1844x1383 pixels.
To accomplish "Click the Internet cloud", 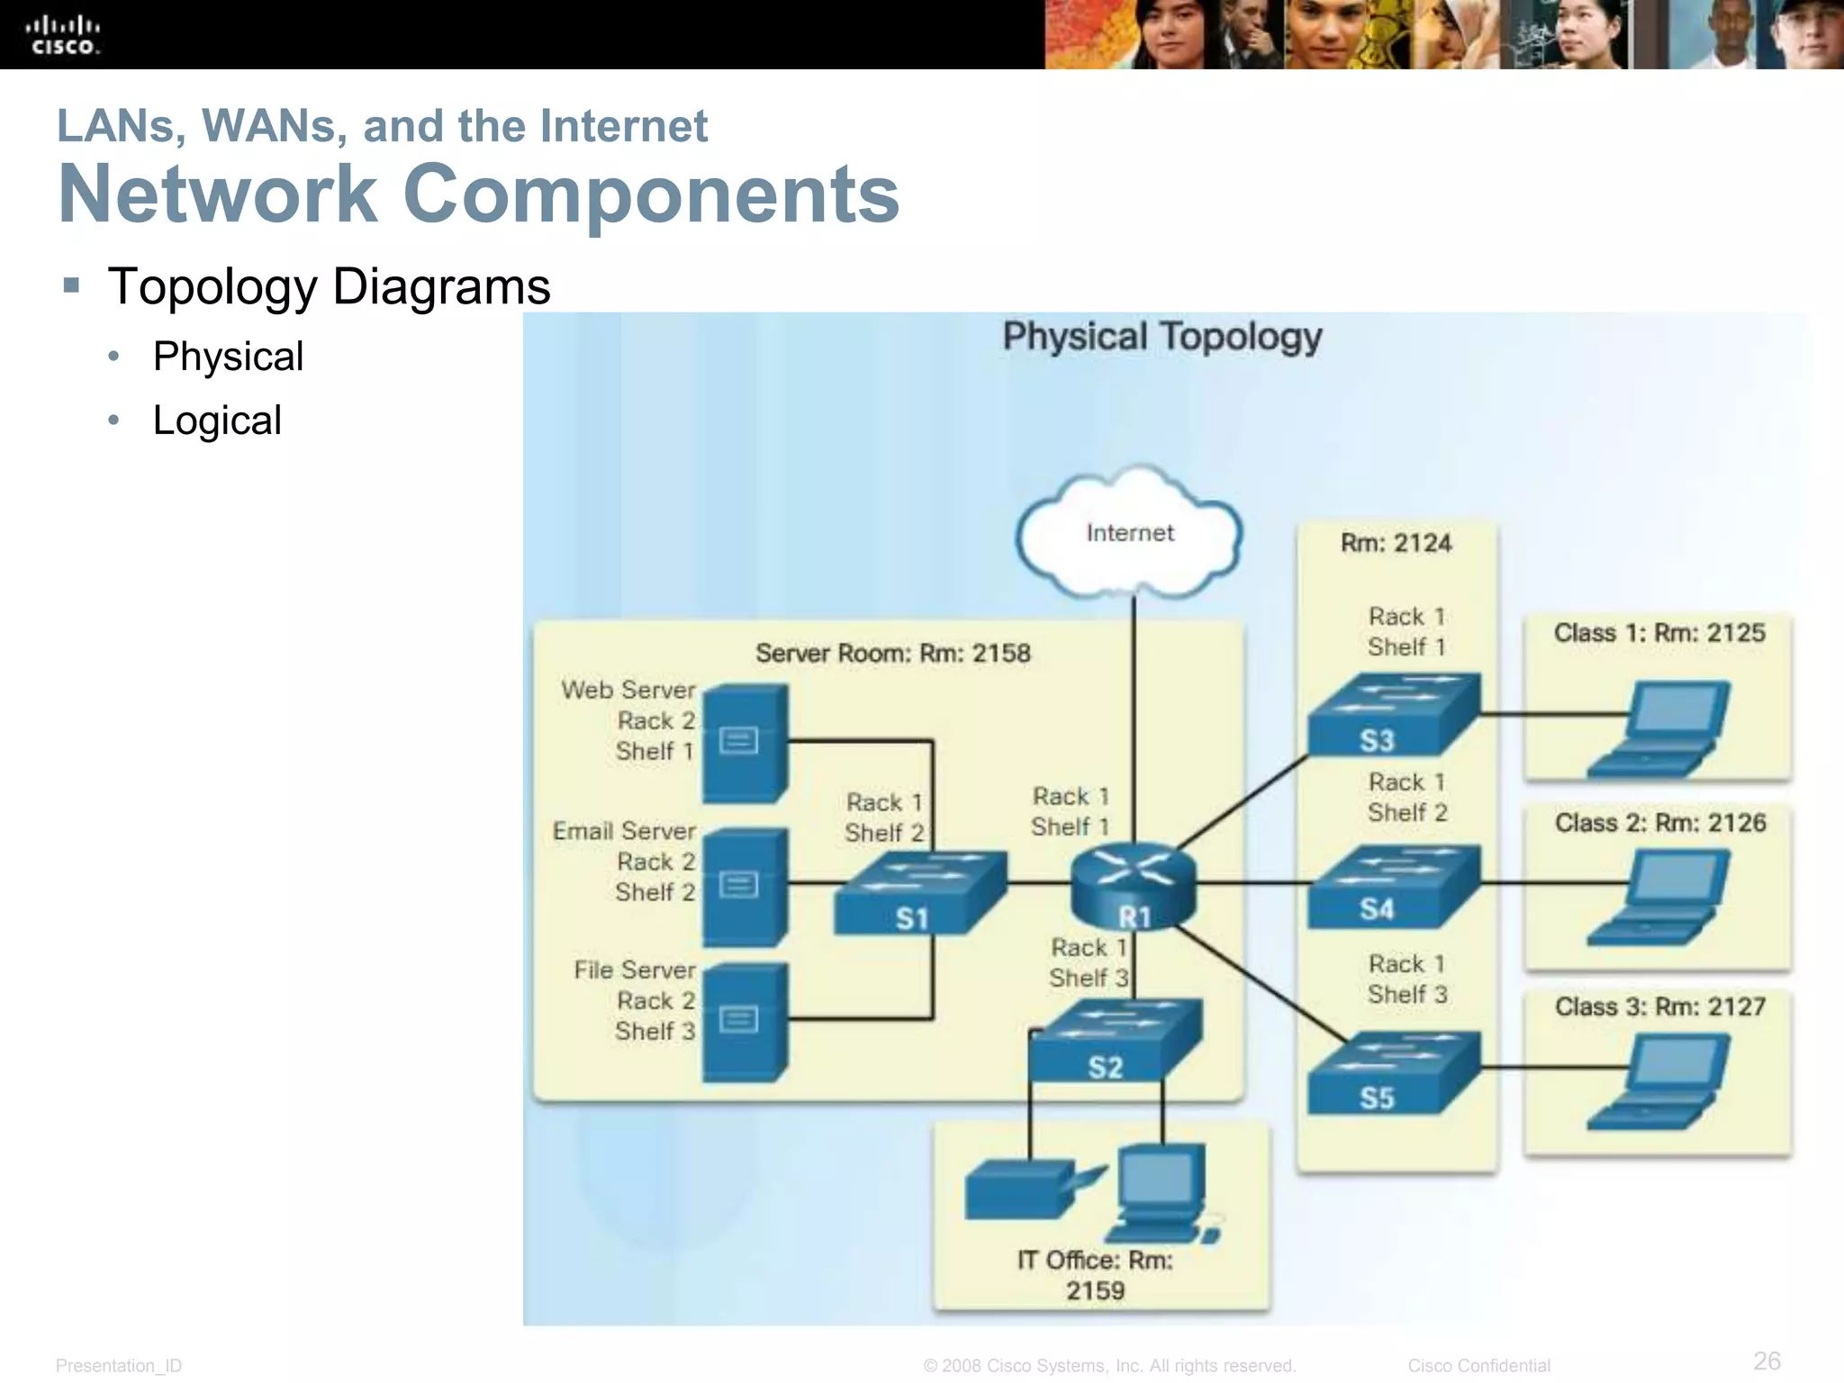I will [1130, 533].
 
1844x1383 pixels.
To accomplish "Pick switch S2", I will [1115, 1041].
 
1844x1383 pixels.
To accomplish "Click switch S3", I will [1392, 714].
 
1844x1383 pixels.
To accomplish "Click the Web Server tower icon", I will [745, 744].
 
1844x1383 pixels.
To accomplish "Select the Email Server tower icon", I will [745, 887].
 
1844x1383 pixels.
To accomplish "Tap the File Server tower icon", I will [745, 1022].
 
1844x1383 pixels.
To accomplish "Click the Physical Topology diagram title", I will [1162, 337].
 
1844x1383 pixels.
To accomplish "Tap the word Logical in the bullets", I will [217, 420].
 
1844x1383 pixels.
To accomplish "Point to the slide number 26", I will [1767, 1360].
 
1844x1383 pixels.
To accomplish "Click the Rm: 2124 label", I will [1396, 543].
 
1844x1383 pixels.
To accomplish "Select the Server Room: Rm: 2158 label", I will [892, 653].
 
